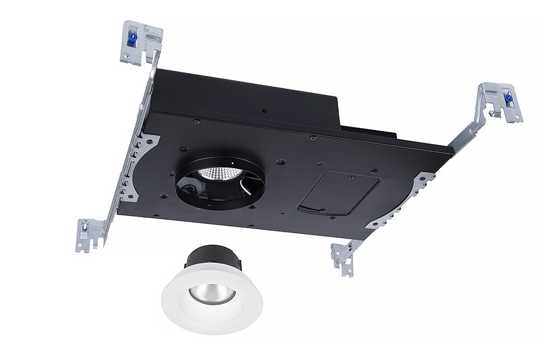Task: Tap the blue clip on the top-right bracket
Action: coord(508,100)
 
